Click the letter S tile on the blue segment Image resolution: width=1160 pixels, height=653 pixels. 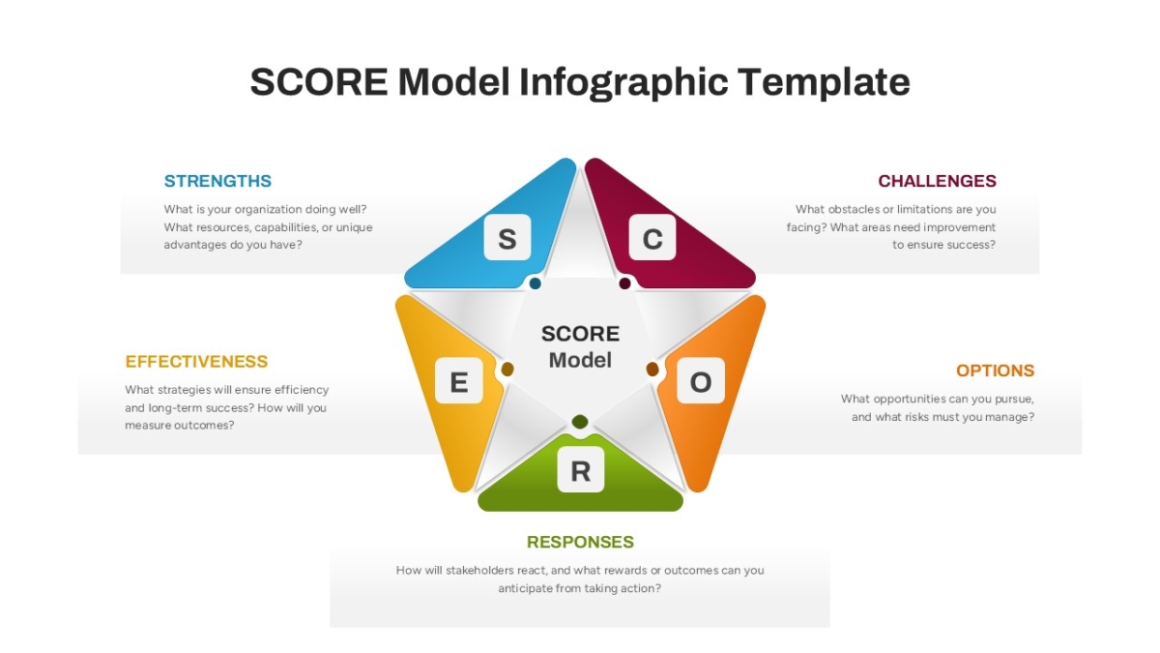click(507, 237)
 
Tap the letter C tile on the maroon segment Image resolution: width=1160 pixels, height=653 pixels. click(652, 237)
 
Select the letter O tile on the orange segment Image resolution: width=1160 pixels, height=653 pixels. click(701, 380)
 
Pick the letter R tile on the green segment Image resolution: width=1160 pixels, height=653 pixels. click(581, 469)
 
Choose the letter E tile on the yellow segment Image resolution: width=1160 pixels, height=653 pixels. click(459, 380)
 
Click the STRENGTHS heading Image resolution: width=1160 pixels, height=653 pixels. click(217, 181)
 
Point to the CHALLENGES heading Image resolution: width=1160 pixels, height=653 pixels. click(937, 181)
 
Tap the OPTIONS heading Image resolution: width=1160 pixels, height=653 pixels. click(995, 371)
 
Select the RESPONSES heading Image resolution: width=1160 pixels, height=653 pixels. click(580, 542)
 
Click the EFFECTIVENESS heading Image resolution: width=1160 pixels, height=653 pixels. click(196, 361)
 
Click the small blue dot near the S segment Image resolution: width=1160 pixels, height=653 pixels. click(535, 283)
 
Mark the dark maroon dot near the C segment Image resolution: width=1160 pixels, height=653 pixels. click(625, 283)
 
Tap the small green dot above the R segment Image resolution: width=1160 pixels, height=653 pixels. click(580, 422)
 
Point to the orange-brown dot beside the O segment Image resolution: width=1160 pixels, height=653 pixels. click(652, 370)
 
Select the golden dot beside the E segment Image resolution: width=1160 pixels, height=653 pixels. click(507, 370)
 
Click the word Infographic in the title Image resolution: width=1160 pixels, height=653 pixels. click(623, 83)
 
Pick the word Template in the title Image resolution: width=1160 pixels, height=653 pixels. click(824, 82)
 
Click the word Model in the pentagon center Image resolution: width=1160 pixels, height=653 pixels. click(580, 360)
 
